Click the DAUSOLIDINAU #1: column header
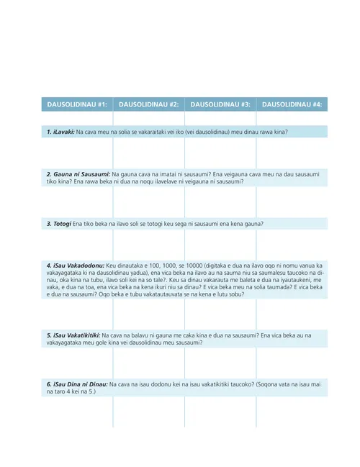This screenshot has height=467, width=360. [77, 104]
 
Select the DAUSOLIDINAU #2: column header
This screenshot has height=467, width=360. [149, 104]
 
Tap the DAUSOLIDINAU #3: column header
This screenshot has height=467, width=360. [220, 104]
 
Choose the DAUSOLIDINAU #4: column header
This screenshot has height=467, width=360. [292, 104]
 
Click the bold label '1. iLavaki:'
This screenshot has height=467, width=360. [60, 132]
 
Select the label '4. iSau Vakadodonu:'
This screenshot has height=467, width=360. [75, 266]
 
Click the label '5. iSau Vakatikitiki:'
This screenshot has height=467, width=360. [73, 335]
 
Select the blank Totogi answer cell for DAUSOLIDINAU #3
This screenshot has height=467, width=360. [220, 245]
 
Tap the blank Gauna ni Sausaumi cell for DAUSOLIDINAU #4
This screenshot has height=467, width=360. [292, 202]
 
